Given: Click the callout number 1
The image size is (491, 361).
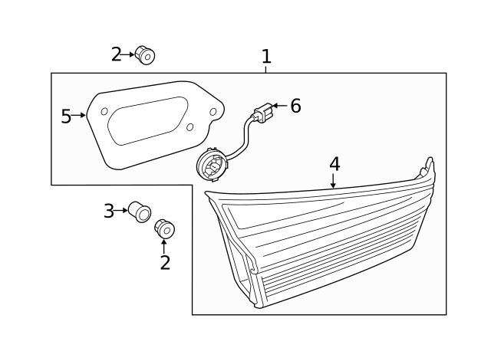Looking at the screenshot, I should [266, 57].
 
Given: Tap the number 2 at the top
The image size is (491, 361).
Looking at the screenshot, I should [117, 54].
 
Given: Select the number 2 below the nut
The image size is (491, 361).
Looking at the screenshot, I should [164, 263].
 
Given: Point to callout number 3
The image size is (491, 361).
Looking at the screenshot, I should [109, 210].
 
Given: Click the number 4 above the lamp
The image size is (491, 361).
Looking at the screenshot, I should [334, 164].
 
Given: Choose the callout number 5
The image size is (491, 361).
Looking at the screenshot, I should [66, 116].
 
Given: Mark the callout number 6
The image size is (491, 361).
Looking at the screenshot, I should [295, 107].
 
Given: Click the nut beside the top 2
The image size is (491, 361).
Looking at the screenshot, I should [145, 55].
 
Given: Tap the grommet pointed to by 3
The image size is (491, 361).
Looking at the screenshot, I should [140, 210].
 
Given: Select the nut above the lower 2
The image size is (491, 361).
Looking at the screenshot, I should [164, 228].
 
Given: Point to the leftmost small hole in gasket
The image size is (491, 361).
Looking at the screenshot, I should [104, 112].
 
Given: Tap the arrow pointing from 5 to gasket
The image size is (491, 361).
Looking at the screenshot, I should [78, 116].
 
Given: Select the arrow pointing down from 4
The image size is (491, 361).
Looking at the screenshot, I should [334, 181].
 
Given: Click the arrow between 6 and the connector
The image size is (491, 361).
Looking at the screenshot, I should [279, 106].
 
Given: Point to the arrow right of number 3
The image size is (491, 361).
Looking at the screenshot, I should [121, 209].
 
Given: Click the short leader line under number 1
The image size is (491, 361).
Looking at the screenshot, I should [266, 70].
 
